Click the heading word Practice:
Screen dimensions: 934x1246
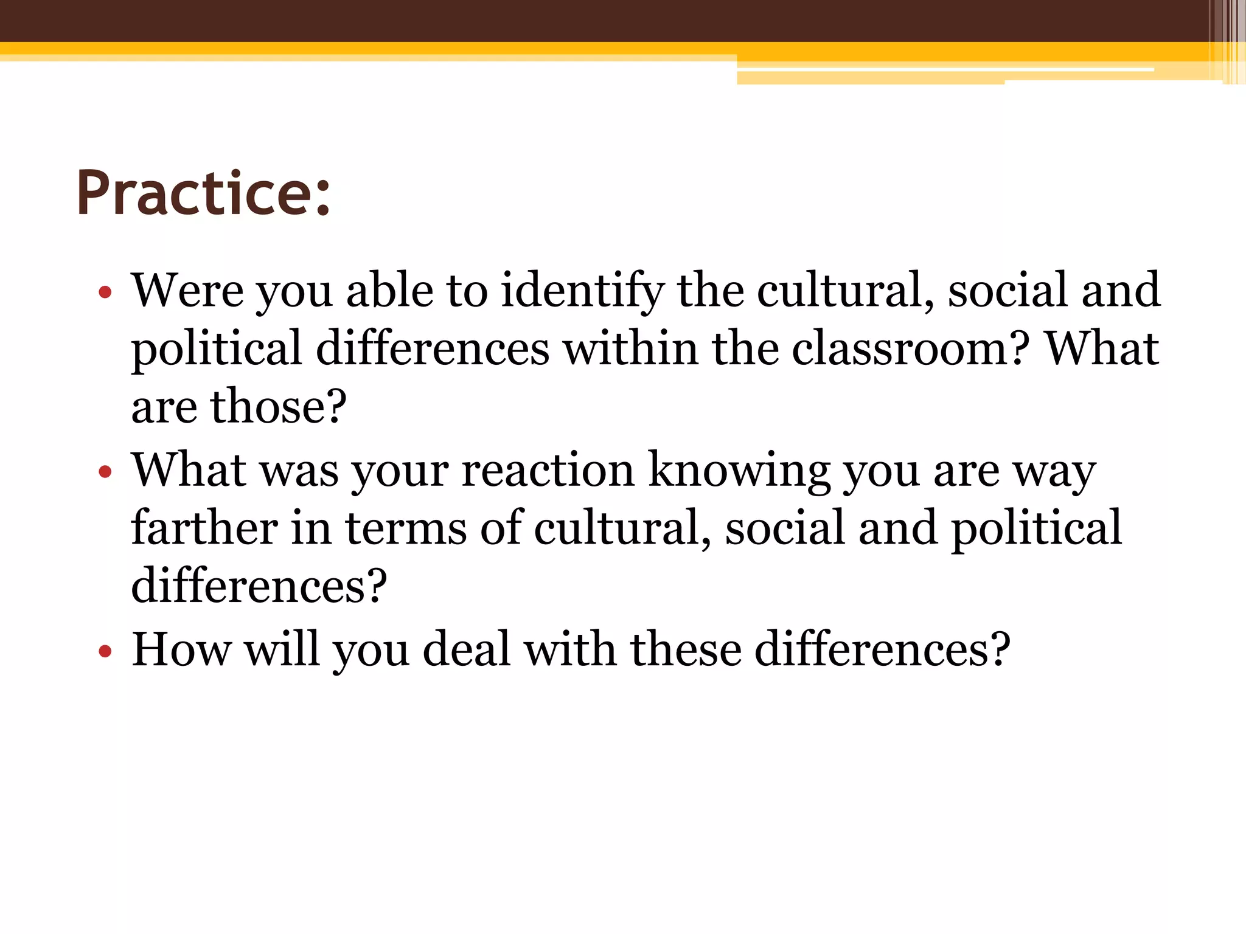[x=203, y=193]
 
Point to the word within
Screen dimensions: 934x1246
[x=630, y=348]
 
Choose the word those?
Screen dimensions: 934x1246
[x=278, y=406]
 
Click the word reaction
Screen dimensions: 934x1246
[x=548, y=470]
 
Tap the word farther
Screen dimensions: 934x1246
[x=204, y=527]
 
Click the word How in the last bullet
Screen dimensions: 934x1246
[x=181, y=649]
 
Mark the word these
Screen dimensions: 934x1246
[x=686, y=649]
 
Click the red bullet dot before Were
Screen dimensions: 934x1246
[x=105, y=292]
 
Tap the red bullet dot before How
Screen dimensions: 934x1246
[x=105, y=651]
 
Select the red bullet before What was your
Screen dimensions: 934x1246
[x=105, y=472]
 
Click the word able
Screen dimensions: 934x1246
[x=389, y=290]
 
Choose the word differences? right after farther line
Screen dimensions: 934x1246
[x=259, y=586]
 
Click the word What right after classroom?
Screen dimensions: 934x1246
[x=1101, y=348]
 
